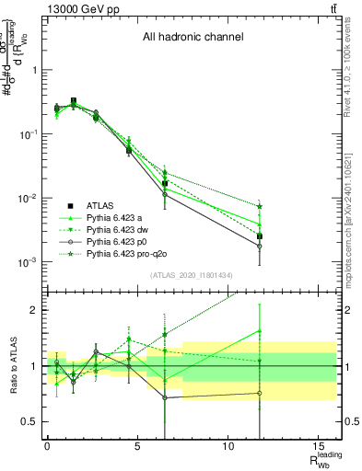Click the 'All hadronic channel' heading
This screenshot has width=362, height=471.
point(193,38)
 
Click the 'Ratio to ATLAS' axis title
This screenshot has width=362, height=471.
point(12,365)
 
